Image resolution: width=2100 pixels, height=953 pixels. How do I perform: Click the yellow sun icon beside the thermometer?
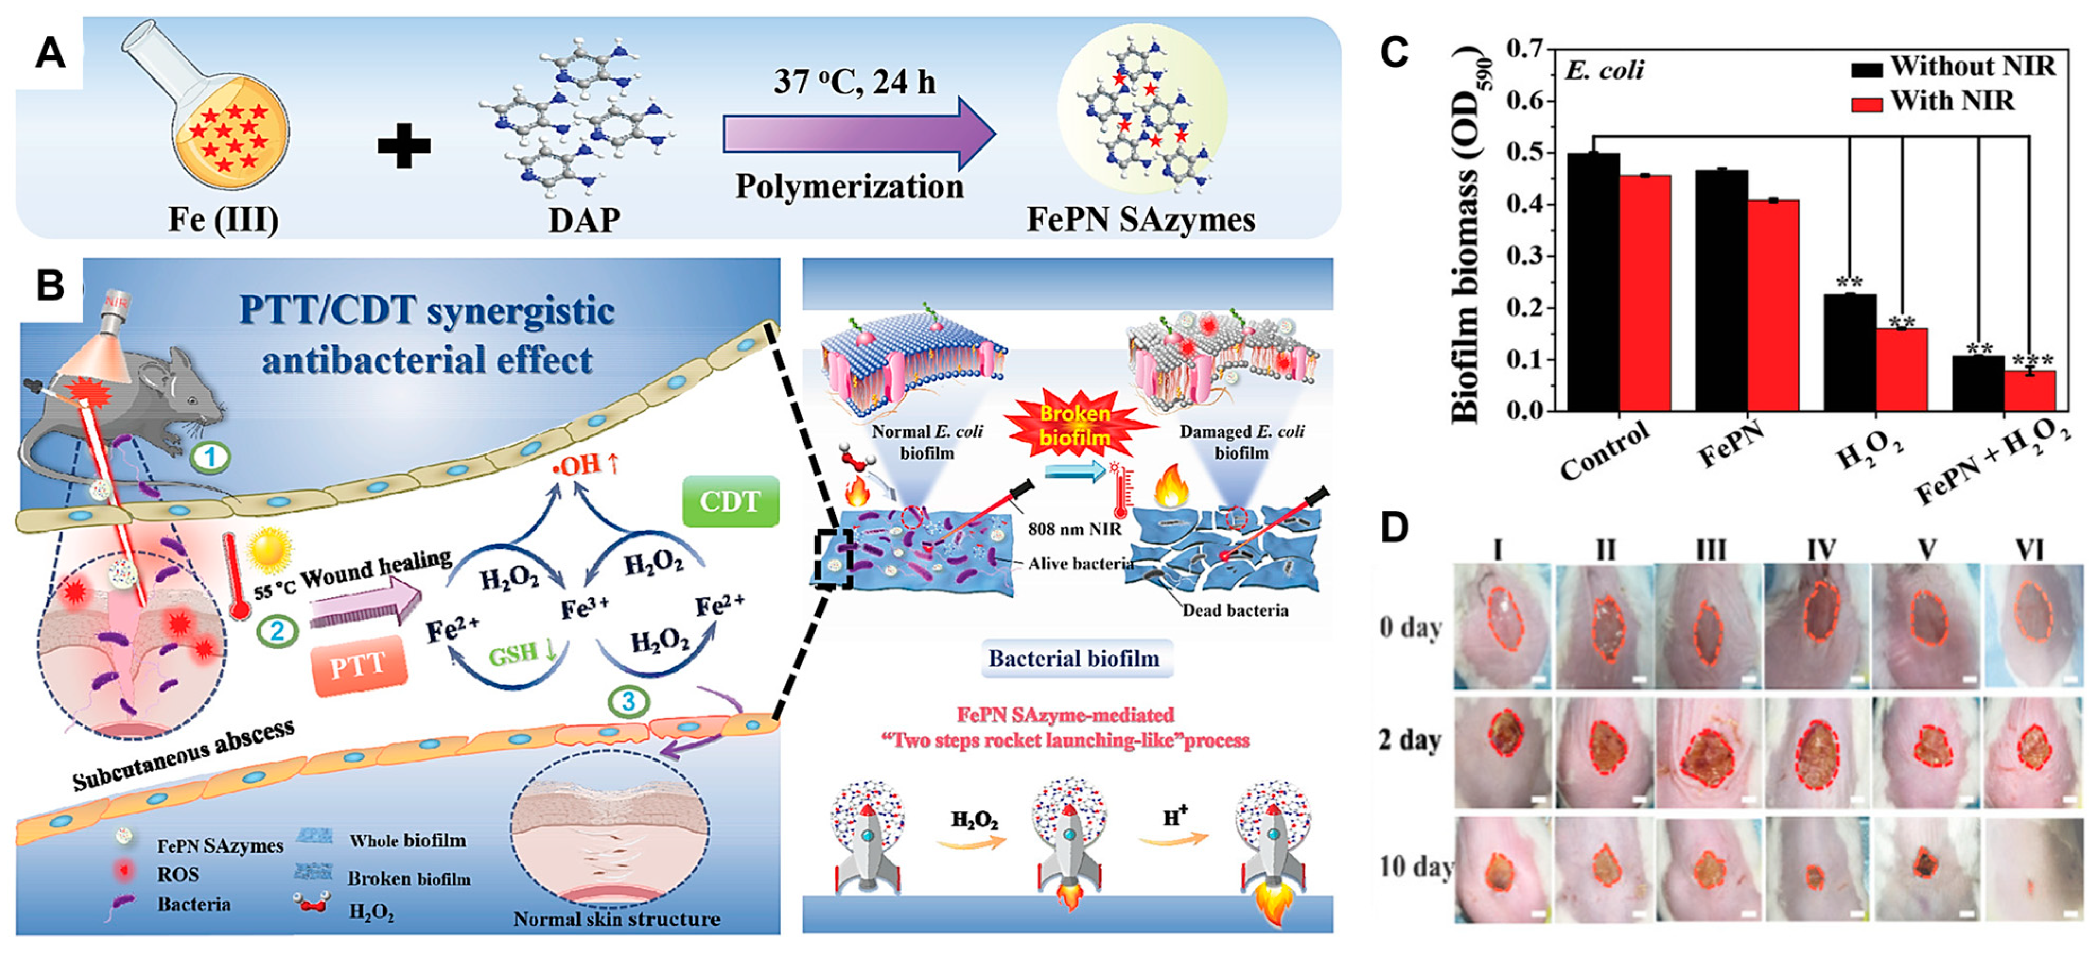(269, 551)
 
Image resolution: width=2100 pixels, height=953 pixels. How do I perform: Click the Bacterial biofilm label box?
(1074, 659)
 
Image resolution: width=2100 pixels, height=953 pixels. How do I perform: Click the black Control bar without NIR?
(1593, 281)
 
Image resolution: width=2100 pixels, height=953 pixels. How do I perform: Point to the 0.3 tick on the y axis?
(1525, 256)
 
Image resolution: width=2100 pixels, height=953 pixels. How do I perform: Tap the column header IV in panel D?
(1821, 550)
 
